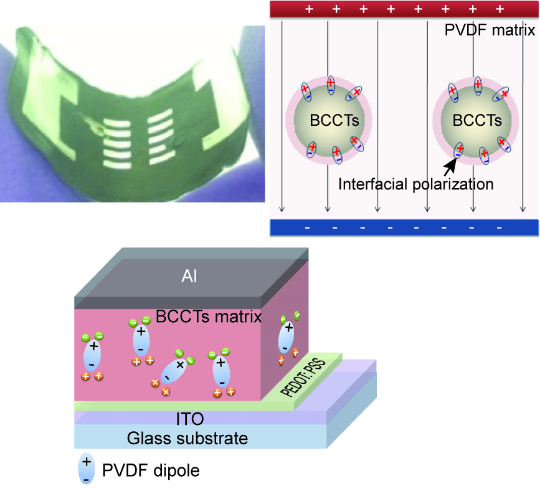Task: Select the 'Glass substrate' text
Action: (187, 438)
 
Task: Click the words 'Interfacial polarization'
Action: (415, 184)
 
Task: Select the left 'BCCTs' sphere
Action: (328, 120)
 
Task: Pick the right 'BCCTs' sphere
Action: (476, 120)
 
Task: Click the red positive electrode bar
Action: (404, 9)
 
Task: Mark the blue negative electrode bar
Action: (404, 227)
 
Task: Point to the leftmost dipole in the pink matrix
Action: (93, 355)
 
